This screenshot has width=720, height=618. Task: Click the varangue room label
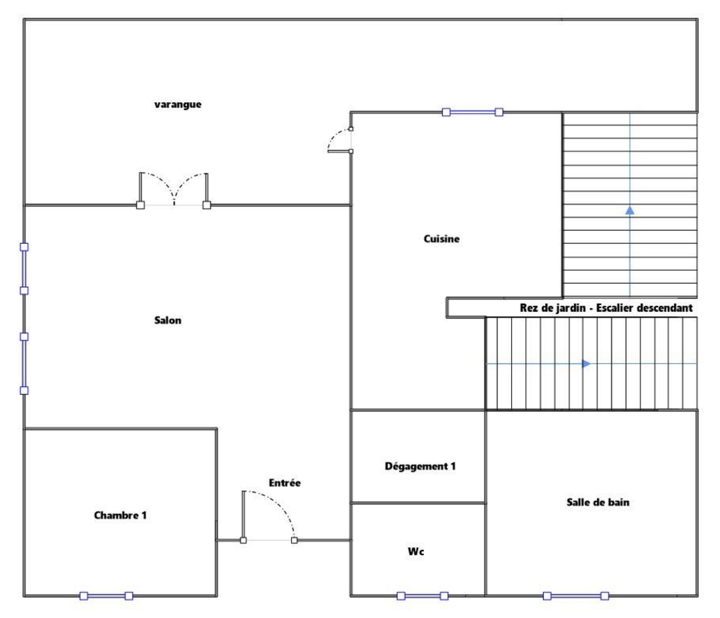pos(178,105)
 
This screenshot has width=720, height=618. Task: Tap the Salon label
pos(168,320)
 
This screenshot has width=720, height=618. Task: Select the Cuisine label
pos(441,239)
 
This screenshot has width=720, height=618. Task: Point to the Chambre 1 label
pos(120,515)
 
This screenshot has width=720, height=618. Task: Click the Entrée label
pos(284,483)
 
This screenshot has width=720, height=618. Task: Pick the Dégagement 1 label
pos(420,466)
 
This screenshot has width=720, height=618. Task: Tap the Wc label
pos(416,551)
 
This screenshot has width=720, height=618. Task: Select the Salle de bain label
pos(598,502)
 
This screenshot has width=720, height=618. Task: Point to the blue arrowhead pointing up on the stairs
pos(630,210)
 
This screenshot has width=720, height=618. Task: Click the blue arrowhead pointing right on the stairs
pos(587,364)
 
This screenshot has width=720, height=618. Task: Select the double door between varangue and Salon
pos(174,190)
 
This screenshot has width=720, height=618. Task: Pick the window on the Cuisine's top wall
pos(472,112)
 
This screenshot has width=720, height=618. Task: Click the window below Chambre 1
pos(106,596)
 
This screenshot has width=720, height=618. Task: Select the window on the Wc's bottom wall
pos(423,596)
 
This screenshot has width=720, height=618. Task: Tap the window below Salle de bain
pos(576,596)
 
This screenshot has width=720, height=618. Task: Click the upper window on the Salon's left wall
pos(24,269)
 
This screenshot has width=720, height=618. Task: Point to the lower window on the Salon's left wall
pos(24,363)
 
